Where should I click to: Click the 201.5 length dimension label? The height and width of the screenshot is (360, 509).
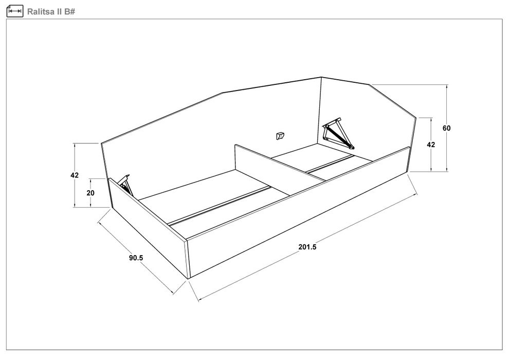[307, 247]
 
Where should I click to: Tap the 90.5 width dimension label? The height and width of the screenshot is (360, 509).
[136, 258]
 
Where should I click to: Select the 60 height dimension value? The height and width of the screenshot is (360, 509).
[447, 128]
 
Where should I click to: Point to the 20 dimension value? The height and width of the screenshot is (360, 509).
[90, 193]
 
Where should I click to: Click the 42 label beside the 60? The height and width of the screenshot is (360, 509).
[431, 145]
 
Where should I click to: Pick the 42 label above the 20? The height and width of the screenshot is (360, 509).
[75, 175]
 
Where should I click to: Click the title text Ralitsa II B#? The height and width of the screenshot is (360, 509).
[51, 12]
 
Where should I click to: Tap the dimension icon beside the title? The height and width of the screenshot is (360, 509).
[15, 11]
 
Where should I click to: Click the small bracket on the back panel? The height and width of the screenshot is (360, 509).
[280, 136]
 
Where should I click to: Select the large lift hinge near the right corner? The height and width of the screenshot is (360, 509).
[338, 133]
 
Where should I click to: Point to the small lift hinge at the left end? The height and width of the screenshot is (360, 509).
[125, 185]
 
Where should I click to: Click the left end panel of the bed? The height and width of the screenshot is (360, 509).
[148, 227]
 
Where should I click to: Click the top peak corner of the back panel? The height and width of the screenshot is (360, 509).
[321, 77]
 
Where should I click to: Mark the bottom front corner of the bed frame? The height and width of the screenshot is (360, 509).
[188, 279]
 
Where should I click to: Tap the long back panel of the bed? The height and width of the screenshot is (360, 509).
[211, 136]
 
